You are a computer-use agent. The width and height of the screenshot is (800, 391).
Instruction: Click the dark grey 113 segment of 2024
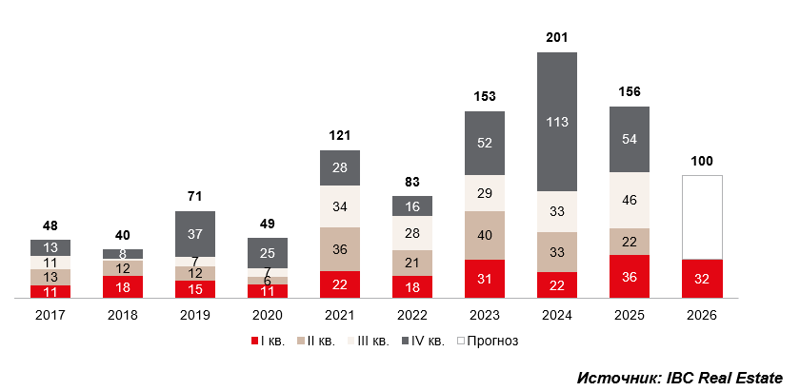click(x=557, y=122)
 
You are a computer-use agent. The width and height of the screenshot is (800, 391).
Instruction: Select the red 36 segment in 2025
click(x=630, y=277)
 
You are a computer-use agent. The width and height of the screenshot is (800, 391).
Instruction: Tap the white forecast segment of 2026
click(x=702, y=217)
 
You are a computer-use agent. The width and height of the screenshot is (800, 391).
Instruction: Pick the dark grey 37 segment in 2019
click(x=195, y=234)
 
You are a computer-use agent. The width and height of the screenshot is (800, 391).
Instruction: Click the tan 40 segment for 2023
click(x=485, y=235)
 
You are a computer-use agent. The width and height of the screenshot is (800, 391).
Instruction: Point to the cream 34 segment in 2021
click(x=340, y=206)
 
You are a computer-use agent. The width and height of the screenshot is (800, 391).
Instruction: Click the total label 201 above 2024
click(x=557, y=38)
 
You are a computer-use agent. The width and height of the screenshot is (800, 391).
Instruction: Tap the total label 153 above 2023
click(x=485, y=96)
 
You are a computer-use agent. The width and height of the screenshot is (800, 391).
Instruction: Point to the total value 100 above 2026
click(x=702, y=161)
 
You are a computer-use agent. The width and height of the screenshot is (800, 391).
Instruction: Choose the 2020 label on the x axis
click(x=268, y=314)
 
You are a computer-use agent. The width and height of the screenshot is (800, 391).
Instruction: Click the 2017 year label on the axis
click(x=50, y=314)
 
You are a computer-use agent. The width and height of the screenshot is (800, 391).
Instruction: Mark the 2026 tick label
click(x=702, y=314)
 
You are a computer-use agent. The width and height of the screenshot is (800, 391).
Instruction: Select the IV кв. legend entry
click(x=419, y=341)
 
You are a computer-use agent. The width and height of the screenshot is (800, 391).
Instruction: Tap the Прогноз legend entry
click(x=488, y=341)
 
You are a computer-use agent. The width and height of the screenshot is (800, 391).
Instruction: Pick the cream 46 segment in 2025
click(x=630, y=201)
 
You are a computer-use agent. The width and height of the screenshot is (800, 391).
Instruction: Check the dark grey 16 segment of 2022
click(x=412, y=206)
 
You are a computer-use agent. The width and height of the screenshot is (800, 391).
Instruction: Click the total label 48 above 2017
click(x=50, y=225)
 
